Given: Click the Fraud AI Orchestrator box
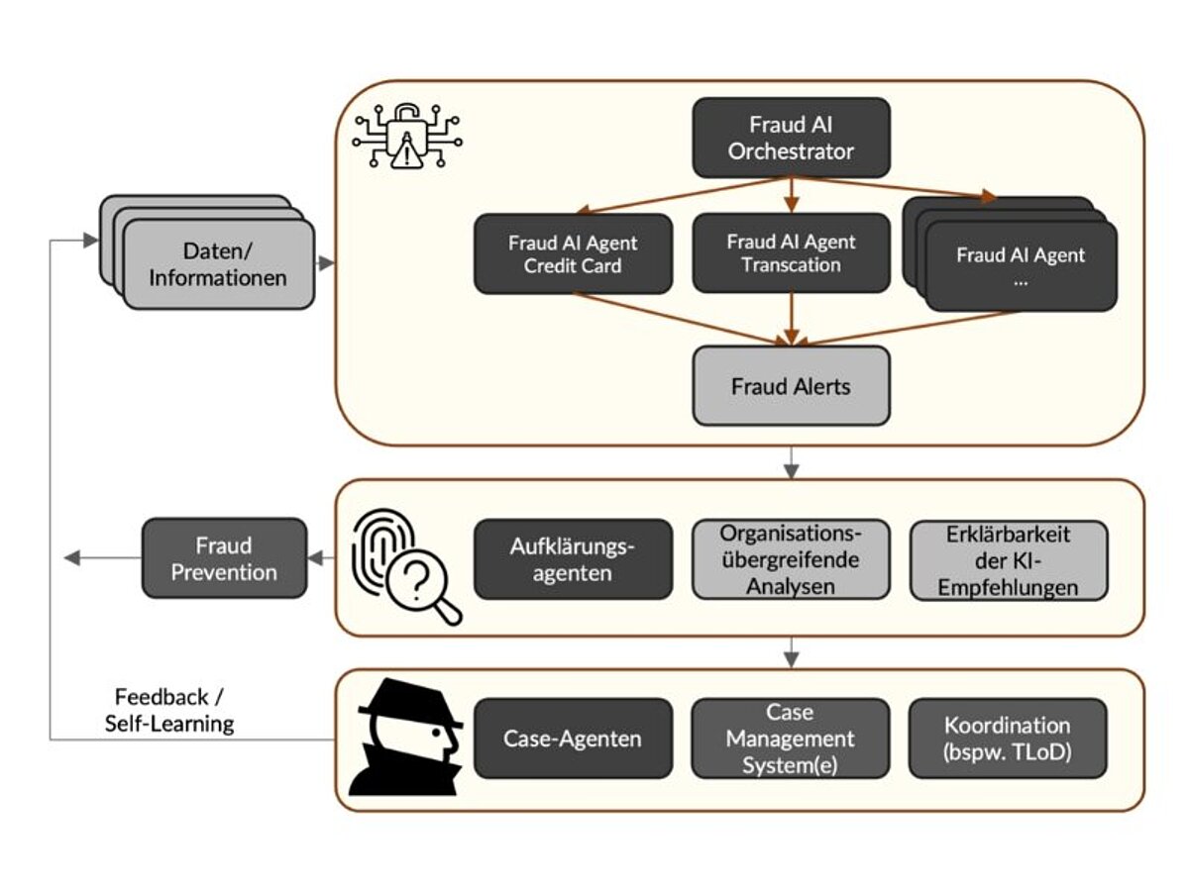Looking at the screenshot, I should (x=790, y=139).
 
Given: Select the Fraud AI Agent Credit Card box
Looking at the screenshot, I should (x=573, y=254).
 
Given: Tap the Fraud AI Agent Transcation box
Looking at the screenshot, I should (x=790, y=253).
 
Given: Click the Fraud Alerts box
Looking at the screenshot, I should (x=790, y=386).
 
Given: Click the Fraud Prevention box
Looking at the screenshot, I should (x=224, y=558).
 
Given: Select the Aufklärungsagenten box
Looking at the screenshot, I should (x=572, y=559).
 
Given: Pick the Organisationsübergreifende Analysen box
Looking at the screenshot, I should (x=790, y=559).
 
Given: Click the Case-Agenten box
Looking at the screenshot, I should (x=572, y=739).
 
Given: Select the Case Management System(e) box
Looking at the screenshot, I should (x=790, y=739).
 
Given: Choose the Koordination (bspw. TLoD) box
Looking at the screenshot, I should (x=1007, y=739).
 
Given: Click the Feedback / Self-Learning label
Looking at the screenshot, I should (x=169, y=710).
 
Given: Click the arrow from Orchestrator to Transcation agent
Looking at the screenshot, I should (x=791, y=195).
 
